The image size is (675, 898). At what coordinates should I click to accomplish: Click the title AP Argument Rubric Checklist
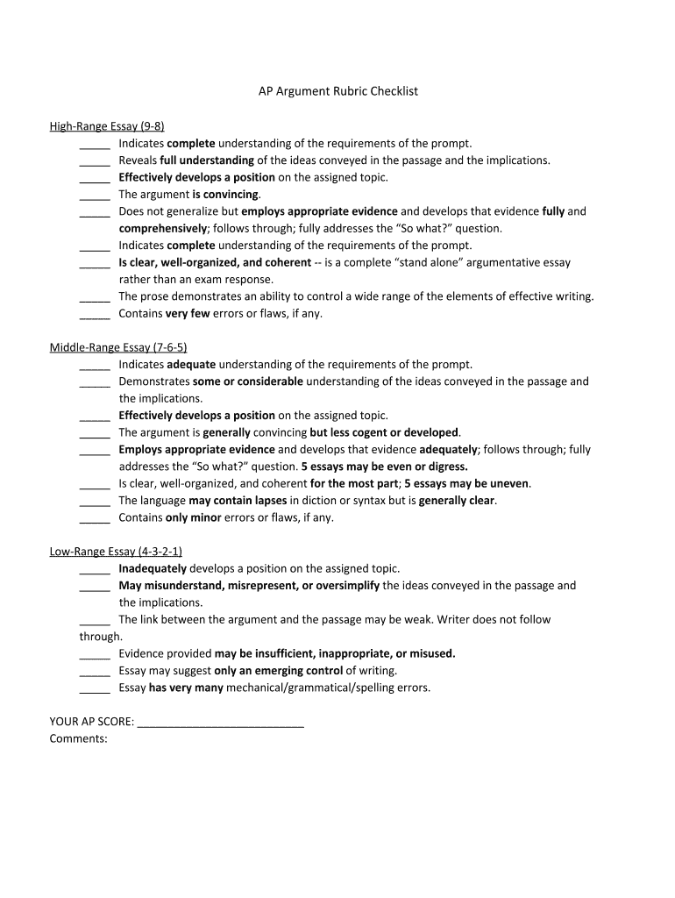click(337, 91)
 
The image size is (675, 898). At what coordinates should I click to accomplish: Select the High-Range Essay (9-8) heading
click(107, 126)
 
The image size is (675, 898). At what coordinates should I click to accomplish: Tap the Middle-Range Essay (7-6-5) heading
click(118, 347)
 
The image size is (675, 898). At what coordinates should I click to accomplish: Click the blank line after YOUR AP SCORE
click(221, 722)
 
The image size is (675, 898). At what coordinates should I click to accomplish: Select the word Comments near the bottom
click(78, 738)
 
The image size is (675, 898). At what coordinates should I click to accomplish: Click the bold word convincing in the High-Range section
click(231, 195)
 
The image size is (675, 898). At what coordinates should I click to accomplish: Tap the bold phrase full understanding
click(207, 160)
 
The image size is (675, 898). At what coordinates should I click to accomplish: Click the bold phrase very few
click(188, 313)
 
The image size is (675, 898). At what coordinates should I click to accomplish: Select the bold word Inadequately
click(153, 568)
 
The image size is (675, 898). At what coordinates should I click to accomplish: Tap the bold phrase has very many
click(186, 688)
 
